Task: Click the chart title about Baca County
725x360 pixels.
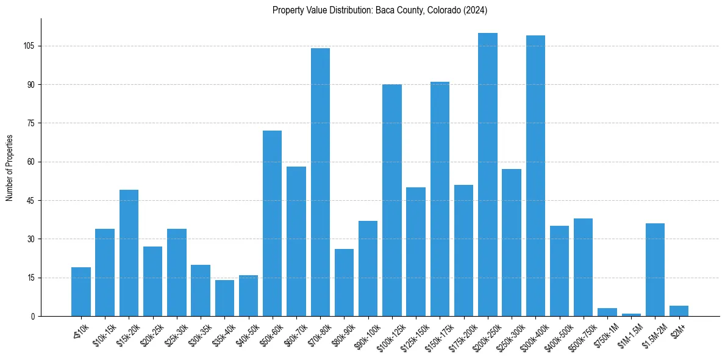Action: pyautogui.click(x=380, y=10)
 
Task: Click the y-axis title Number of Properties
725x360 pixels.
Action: pyautogui.click(x=9, y=167)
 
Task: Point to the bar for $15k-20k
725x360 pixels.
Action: pyautogui.click(x=129, y=253)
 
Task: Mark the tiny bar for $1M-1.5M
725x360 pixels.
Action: pyautogui.click(x=631, y=315)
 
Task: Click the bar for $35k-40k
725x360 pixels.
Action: pyautogui.click(x=224, y=298)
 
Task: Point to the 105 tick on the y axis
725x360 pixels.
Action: pyautogui.click(x=30, y=46)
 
